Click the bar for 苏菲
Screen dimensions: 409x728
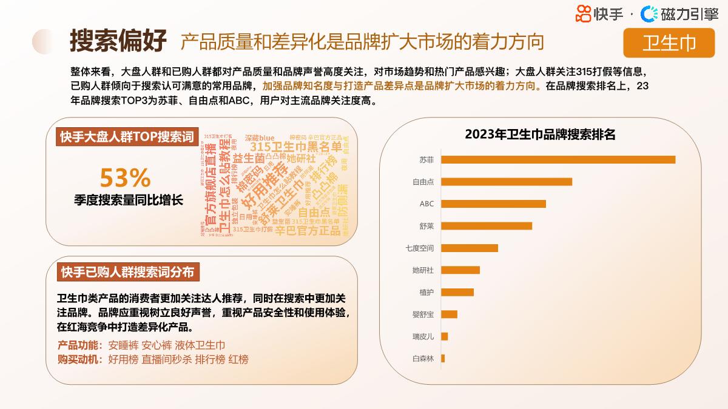point(558,160)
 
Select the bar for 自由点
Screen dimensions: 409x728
point(506,182)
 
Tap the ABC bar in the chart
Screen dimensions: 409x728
point(493,204)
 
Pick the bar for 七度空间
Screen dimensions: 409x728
point(469,248)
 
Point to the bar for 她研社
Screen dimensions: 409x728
point(460,270)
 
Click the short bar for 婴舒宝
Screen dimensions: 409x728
point(449,314)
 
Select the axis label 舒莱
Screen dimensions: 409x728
point(426,226)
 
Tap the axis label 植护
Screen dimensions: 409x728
point(426,292)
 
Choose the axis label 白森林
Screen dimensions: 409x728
point(423,358)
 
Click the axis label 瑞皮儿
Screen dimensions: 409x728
point(423,336)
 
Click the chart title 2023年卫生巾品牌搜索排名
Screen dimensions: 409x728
point(540,135)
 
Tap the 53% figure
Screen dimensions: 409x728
point(125,178)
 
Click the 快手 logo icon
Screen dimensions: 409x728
point(583,13)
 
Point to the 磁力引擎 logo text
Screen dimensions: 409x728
point(689,14)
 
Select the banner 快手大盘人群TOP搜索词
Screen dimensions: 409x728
point(127,137)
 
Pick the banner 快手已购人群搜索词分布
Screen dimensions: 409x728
point(127,273)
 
